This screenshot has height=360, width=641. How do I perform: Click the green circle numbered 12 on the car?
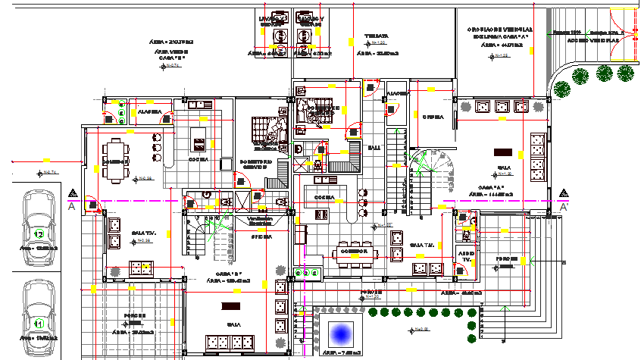pyautogui.click(x=39, y=233)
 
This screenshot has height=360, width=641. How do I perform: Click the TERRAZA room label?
pyautogui.click(x=377, y=36)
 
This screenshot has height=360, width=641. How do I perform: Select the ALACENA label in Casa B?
pyautogui.click(x=149, y=112)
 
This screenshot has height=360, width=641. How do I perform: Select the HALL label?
pyautogui.click(x=374, y=147)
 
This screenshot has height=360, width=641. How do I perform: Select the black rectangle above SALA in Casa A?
pyautogui.click(x=502, y=151)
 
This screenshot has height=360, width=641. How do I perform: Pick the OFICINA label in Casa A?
pyautogui.click(x=433, y=117)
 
